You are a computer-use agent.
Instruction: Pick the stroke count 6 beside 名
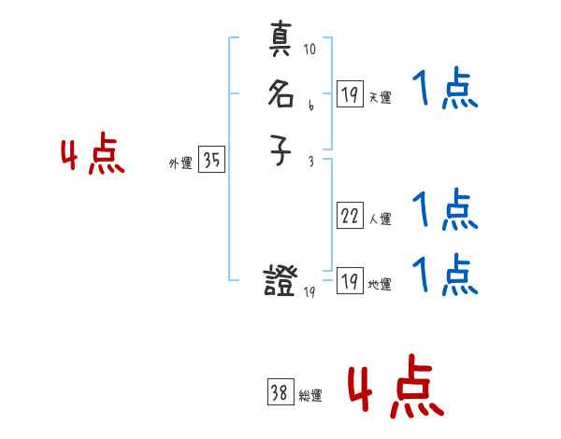click(310, 106)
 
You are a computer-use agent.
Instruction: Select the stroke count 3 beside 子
click(310, 161)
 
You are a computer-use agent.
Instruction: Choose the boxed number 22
click(349, 216)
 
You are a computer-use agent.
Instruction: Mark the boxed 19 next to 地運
click(349, 280)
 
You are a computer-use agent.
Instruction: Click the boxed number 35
click(211, 161)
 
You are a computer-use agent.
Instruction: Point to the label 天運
click(381, 97)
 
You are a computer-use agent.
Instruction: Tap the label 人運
click(381, 220)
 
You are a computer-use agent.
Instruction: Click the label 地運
click(381, 285)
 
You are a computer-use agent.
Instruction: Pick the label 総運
click(310, 396)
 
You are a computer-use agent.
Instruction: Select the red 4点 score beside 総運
click(396, 388)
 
